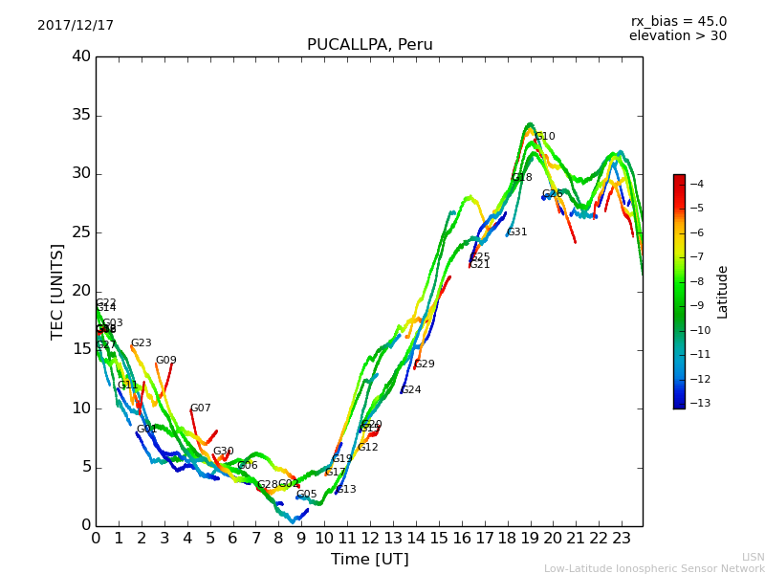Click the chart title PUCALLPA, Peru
click(x=369, y=45)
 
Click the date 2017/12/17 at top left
click(x=76, y=26)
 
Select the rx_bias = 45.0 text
click(x=678, y=22)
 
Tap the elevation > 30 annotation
click(x=677, y=36)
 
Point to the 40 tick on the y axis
click(x=81, y=56)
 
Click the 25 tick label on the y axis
click(x=81, y=232)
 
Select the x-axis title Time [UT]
click(x=369, y=560)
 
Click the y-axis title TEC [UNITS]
click(x=58, y=291)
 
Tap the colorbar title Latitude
click(x=723, y=292)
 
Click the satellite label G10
click(x=545, y=137)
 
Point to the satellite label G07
click(x=201, y=408)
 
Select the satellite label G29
click(x=425, y=364)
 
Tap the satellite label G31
click(x=517, y=232)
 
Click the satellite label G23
click(x=142, y=343)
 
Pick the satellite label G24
click(x=411, y=390)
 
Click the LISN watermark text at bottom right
click(x=753, y=557)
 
